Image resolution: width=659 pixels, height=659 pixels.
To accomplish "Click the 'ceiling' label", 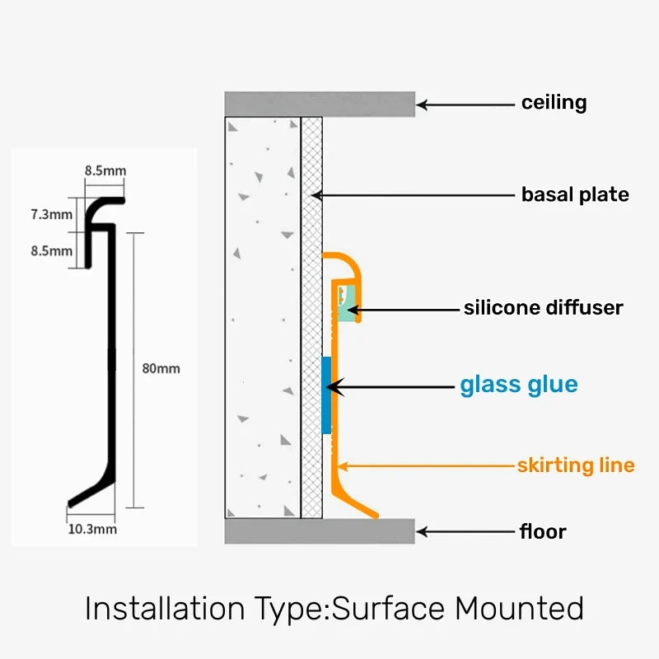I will pos(554,103).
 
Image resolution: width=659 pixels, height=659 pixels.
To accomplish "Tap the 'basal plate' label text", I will pos(575,195).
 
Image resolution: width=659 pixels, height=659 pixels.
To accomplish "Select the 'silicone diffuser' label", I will pos(543,308).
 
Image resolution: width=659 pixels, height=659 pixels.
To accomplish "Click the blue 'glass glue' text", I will pos(518,385).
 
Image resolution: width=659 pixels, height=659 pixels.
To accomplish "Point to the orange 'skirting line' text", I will pos(576,465).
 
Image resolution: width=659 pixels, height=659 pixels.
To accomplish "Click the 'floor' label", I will pos(543,531).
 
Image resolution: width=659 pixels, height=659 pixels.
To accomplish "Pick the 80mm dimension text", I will pos(161,368).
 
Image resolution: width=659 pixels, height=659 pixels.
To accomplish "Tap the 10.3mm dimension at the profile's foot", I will pos(91,529).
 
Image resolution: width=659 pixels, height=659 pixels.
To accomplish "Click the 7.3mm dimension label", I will pos(51,214).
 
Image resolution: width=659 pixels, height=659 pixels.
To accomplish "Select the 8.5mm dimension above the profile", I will pos(105,171).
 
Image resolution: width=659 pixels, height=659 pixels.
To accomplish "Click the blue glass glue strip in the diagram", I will pos(326,396).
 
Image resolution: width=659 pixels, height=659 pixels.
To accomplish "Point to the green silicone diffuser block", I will pos(347,306).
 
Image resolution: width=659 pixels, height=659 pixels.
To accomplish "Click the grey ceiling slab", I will pos(320,104).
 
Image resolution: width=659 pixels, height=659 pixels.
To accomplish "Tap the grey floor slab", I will pos(320,531).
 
